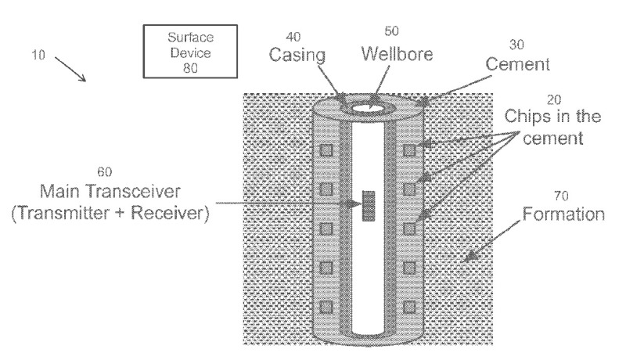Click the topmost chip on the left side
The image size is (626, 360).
(329, 149)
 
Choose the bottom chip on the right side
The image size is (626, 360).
(408, 306)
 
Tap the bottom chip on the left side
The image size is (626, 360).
(329, 306)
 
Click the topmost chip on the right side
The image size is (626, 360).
(408, 149)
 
